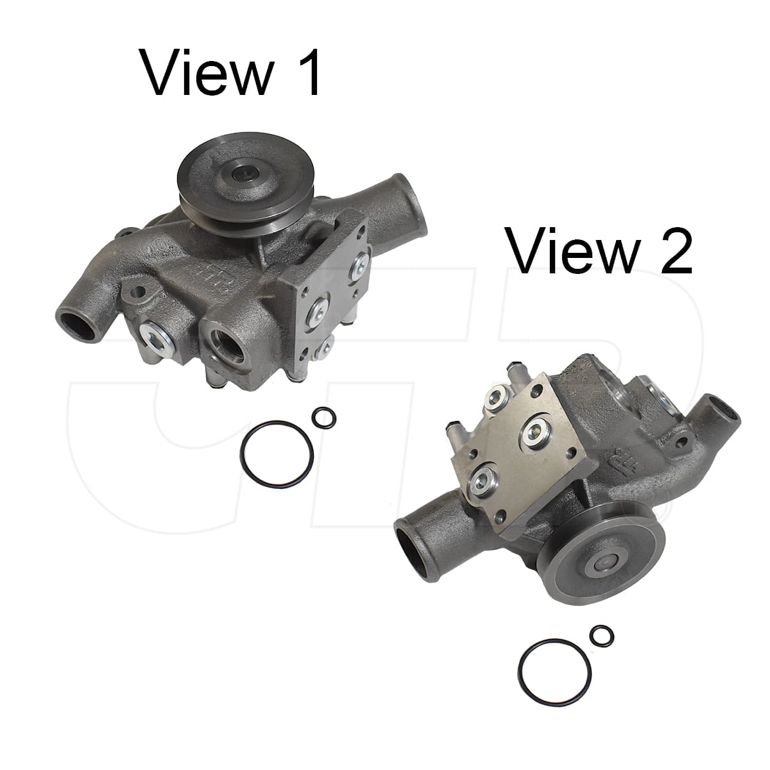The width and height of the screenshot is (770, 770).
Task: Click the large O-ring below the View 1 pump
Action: [x=241, y=454]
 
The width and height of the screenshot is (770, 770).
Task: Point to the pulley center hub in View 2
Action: [x=604, y=565]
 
